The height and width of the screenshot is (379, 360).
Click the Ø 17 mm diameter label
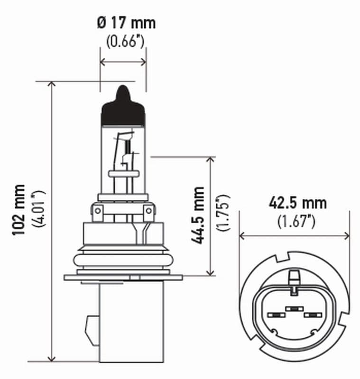(125, 22)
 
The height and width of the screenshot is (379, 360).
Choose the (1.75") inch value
(223, 213)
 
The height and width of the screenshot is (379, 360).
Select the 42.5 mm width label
(297, 203)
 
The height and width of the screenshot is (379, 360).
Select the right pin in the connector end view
(312, 315)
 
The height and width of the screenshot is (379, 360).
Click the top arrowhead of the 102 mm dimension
(52, 85)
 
